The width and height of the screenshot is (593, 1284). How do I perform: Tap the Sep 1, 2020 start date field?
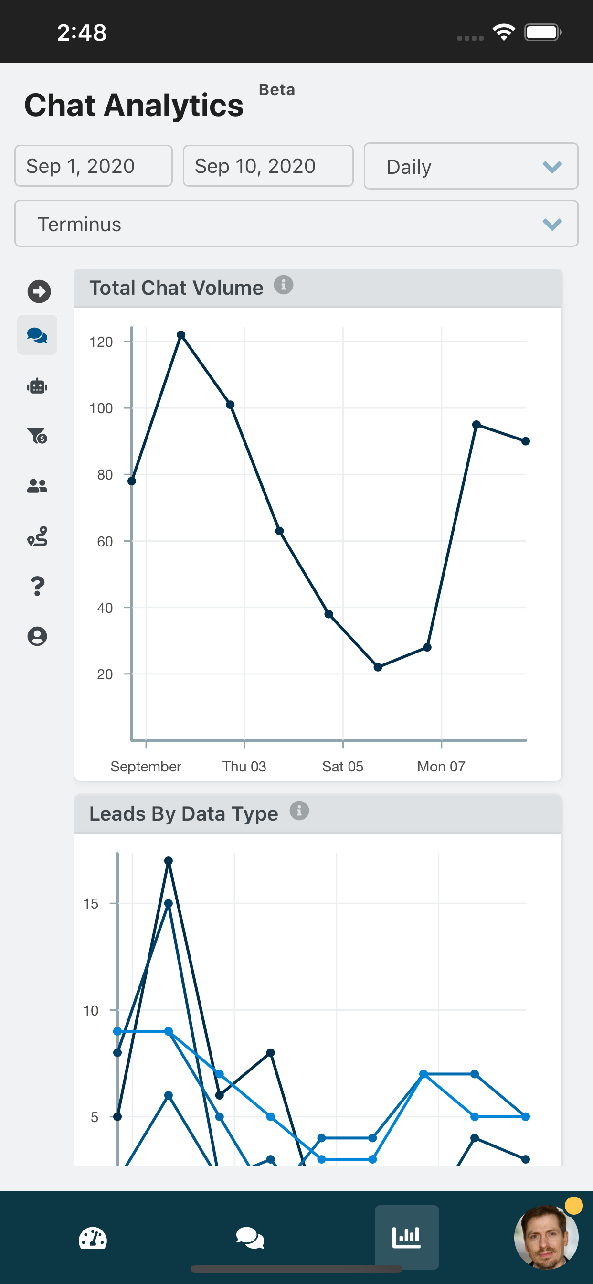93,166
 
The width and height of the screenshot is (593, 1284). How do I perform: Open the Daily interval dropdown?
470,167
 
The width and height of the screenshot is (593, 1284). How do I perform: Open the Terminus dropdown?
296,224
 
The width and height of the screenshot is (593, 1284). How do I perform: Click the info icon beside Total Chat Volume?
284,285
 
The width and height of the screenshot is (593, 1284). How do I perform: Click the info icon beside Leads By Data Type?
299,811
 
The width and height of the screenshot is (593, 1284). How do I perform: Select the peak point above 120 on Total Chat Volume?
181,335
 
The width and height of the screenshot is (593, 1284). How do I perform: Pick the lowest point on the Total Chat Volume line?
378,667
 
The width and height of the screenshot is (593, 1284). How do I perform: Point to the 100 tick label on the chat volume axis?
101,408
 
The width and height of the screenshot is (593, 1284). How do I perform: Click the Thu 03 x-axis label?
244,766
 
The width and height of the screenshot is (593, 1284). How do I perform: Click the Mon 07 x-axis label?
441,766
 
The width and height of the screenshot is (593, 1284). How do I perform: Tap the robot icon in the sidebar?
37,386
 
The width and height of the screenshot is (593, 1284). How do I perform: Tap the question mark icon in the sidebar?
37,586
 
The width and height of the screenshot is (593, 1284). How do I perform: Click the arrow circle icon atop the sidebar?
39,291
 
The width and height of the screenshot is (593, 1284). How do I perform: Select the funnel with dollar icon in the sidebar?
37,436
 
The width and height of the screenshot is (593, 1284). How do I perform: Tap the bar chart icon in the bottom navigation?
407,1237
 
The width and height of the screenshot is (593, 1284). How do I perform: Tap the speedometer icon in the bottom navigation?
93,1238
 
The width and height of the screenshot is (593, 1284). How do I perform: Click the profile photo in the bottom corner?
546,1237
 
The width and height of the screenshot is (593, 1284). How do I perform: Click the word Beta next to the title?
277,90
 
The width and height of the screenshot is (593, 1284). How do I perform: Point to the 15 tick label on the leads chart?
91,904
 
